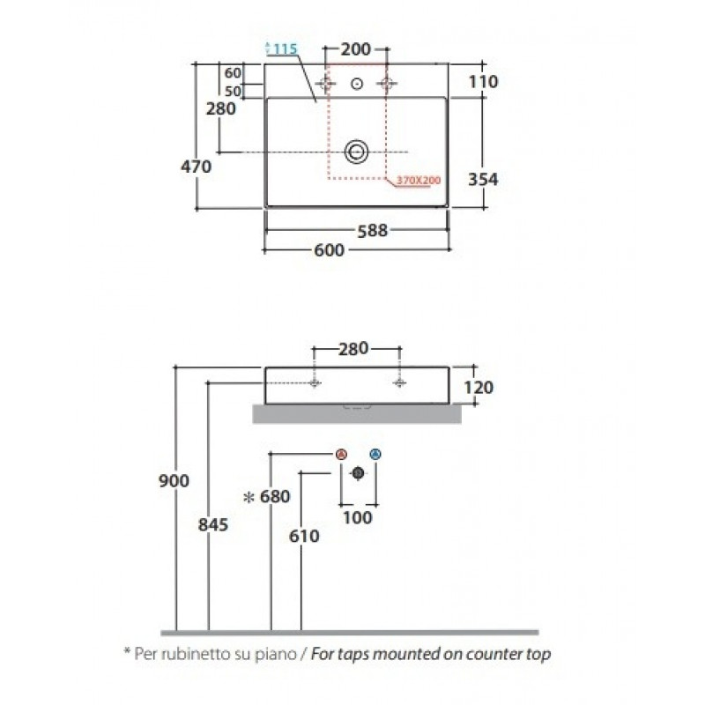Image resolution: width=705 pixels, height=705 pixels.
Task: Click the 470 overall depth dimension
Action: [x=196, y=167]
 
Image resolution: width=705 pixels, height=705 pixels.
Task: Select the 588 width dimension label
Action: [x=372, y=231]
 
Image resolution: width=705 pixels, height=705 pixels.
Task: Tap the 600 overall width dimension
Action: [x=329, y=250]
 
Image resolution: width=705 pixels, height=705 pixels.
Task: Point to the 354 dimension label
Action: [x=483, y=180]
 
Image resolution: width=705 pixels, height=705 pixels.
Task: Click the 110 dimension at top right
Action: [x=483, y=82]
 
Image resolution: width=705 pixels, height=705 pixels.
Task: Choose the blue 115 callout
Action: [x=282, y=48]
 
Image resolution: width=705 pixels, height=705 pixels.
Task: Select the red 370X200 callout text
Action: [x=419, y=181]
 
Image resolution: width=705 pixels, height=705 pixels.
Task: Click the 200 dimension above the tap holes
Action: [x=356, y=49]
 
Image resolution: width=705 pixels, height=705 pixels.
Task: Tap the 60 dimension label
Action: [x=233, y=73]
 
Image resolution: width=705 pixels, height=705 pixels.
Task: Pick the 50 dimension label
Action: [x=233, y=92]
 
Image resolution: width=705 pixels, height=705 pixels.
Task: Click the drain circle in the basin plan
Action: [x=357, y=152]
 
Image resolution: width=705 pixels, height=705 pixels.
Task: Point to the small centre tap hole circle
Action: [x=357, y=83]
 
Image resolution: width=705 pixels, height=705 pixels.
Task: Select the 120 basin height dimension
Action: [x=479, y=388]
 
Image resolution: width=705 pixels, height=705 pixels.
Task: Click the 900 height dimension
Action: [x=174, y=481]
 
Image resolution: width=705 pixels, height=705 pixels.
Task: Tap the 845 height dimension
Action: [x=213, y=524]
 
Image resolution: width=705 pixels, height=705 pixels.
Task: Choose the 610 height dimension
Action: [x=304, y=536]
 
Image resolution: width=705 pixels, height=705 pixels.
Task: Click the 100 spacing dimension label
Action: [x=358, y=517]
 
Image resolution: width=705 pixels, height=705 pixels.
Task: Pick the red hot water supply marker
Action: [x=342, y=454]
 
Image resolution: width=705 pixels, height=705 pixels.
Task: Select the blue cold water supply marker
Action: [x=375, y=454]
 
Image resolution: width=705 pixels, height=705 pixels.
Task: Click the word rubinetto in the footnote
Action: [x=195, y=653]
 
